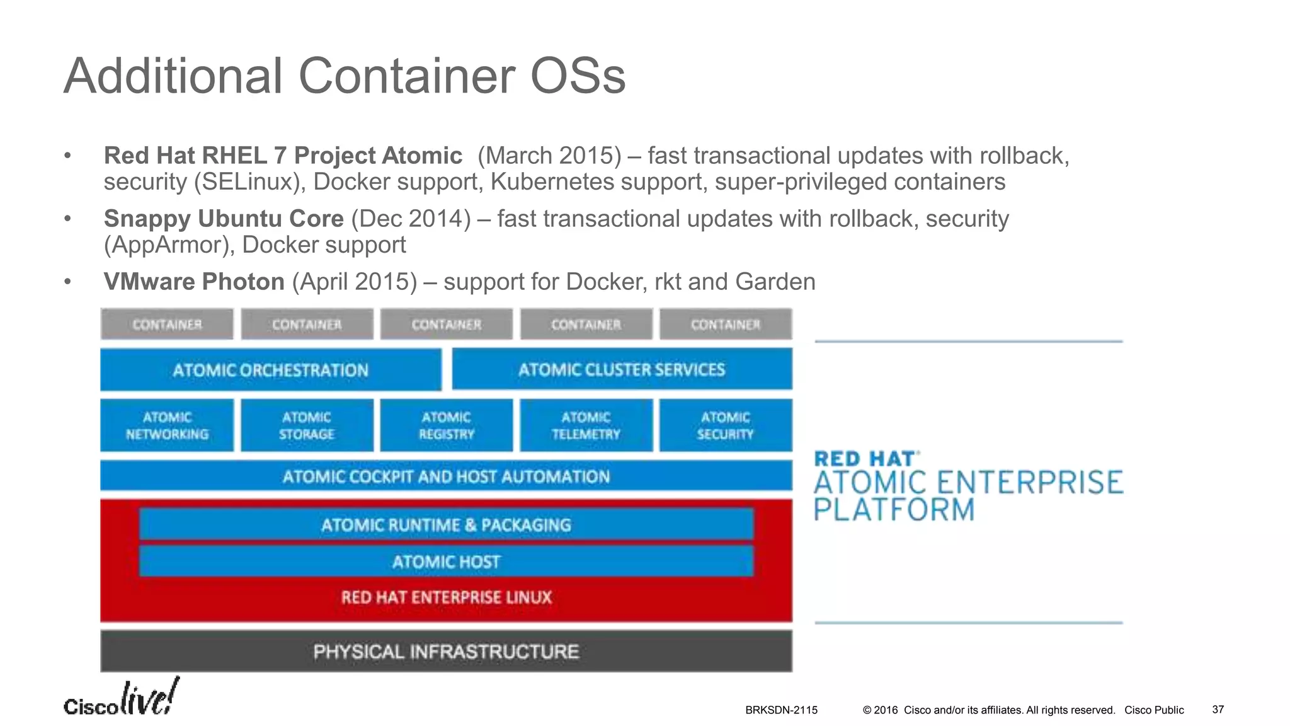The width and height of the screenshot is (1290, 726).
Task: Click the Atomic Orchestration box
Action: pos(271,370)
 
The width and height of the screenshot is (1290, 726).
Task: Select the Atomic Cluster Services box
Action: pos(622,369)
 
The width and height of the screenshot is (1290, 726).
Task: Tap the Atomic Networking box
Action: pos(167,425)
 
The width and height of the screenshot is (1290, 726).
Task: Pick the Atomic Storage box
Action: pos(307,425)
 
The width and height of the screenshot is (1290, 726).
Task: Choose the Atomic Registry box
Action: pos(447,425)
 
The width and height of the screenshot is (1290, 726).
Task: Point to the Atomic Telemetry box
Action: pos(586,425)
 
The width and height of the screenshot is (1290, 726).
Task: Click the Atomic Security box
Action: pos(726,425)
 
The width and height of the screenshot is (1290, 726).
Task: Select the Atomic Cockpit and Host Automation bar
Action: pos(446,476)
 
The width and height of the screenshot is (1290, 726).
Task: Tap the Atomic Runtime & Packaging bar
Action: pos(446,525)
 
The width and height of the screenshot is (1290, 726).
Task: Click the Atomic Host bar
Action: pos(446,562)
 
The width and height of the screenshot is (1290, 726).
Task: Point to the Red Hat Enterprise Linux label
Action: pos(446,597)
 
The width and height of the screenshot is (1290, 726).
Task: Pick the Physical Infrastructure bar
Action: pos(446,651)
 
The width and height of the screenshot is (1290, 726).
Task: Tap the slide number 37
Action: pos(1218,710)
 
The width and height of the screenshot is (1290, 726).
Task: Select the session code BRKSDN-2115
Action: pos(781,710)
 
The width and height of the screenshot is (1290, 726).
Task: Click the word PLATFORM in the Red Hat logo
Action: pos(894,510)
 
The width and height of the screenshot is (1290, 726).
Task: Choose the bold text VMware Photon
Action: pos(194,282)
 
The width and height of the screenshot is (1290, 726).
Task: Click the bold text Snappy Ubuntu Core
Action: pos(224,219)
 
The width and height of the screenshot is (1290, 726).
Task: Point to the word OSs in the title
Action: pos(578,76)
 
